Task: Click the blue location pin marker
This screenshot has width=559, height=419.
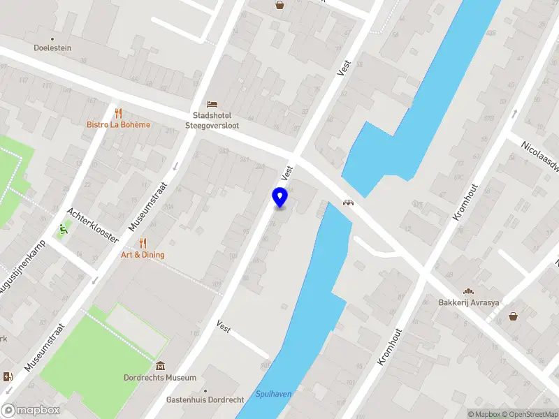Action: [x=280, y=198]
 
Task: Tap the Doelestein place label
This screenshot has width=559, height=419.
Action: [x=53, y=48]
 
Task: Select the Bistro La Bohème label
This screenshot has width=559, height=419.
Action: [x=118, y=125]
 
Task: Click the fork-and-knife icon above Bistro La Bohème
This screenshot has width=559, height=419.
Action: [x=118, y=112]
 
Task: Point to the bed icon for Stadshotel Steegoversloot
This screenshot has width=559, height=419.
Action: [x=212, y=103]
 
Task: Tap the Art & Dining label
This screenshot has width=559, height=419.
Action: [x=143, y=255]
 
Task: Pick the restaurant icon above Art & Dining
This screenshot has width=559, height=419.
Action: [x=143, y=243]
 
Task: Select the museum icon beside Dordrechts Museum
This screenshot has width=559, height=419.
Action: [x=161, y=366]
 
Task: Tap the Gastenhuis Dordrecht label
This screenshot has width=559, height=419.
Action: [x=205, y=400]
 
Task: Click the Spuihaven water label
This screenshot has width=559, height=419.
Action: [x=273, y=394]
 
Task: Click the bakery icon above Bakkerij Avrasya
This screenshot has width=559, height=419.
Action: [x=467, y=291]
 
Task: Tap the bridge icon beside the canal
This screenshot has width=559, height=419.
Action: [x=347, y=203]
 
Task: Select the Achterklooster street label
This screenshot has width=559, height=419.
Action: [x=92, y=224]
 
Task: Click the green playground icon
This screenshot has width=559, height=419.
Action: [x=64, y=228]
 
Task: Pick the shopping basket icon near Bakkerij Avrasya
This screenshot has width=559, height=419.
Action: [x=514, y=316]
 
